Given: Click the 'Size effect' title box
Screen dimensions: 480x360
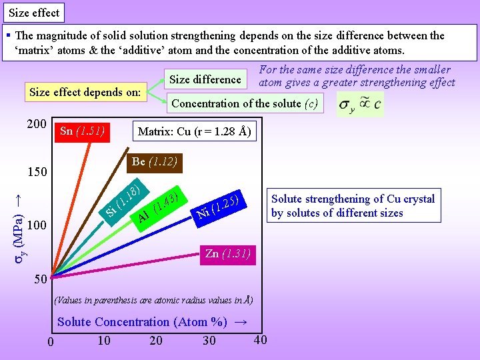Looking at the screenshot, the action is click(34, 12).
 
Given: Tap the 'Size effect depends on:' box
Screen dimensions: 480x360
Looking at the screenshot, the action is click(85, 92).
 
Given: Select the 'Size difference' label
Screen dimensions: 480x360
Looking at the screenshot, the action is click(205, 79).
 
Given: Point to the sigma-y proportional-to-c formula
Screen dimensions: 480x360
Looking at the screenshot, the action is click(360, 105).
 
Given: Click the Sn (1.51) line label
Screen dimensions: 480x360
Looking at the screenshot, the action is click(84, 131).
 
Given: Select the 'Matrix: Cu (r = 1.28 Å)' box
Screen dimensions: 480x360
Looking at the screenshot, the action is click(194, 131).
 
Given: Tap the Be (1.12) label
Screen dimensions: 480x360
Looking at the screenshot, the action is click(153, 161).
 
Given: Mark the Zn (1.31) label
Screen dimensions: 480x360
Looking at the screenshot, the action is click(227, 253).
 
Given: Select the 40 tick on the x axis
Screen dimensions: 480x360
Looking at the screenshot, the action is click(260, 339).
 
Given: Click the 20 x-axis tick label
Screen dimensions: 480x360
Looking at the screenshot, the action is click(155, 341).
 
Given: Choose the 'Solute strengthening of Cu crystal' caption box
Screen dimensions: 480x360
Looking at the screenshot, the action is click(353, 206).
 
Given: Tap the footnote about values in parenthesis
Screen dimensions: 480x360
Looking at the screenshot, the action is click(153, 300).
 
